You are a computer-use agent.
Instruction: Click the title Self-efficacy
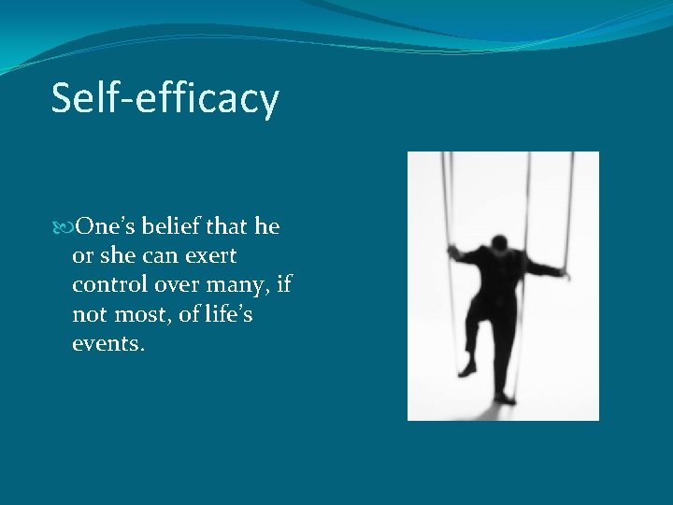(165, 98)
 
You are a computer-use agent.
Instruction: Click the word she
(116, 256)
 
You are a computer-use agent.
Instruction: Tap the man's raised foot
(467, 368)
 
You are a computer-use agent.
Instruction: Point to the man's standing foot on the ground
(505, 398)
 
